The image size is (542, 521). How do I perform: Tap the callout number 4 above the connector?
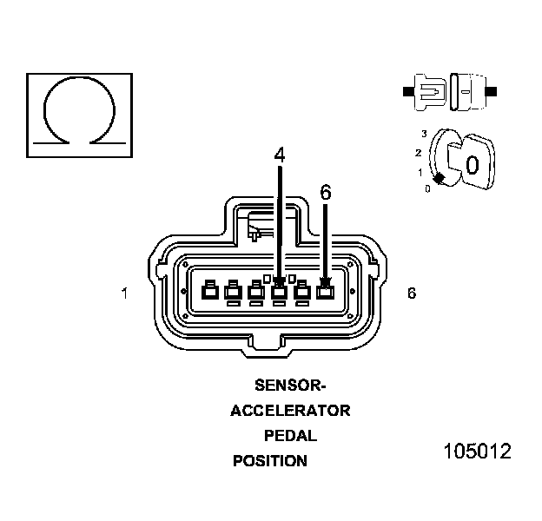[x=279, y=155]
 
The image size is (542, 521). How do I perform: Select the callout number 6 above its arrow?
[x=326, y=193]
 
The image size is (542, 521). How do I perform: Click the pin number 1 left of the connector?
[x=125, y=293]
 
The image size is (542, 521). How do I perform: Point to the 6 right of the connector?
[x=411, y=293]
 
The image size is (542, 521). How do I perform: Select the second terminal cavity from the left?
[x=232, y=292]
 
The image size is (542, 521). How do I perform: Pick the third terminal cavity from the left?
[x=255, y=292]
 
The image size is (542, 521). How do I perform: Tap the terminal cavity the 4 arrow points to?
[x=279, y=292]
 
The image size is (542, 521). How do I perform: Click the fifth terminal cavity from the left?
[x=302, y=292]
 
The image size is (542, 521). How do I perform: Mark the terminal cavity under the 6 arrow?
[x=326, y=292]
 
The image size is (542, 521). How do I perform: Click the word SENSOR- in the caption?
[x=290, y=385]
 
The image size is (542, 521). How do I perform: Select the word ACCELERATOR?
[x=290, y=411]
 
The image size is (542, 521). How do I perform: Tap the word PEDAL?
[x=290, y=436]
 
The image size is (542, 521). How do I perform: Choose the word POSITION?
[x=270, y=461]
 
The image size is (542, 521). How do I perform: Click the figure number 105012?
[x=476, y=452]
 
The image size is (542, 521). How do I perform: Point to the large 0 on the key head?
[x=472, y=164]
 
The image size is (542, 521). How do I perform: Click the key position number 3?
[x=424, y=133]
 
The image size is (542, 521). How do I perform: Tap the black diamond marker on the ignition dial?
[x=440, y=178]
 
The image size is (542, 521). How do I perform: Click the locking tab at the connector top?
[x=260, y=225]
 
